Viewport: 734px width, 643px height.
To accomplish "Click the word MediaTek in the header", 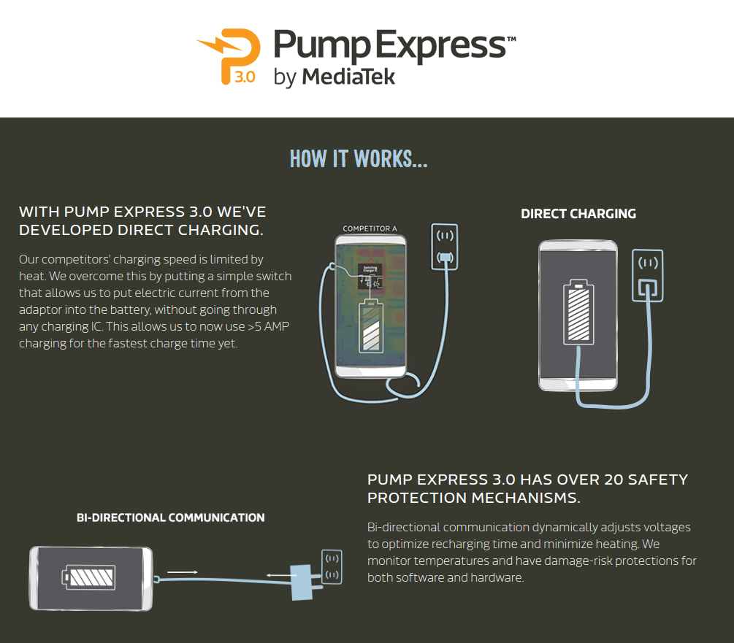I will click(348, 76).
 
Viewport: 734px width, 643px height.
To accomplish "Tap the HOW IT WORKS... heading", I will click(359, 158).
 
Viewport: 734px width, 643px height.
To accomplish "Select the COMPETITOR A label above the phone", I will click(370, 228).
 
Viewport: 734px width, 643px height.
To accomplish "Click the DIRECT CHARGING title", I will click(578, 214).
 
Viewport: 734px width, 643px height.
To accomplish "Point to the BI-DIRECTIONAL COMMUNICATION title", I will click(170, 517).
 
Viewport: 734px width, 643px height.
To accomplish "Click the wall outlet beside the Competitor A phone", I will click(444, 247).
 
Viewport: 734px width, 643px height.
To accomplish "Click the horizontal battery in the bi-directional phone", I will click(90, 578).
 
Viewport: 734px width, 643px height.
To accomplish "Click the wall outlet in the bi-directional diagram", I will click(331, 566).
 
